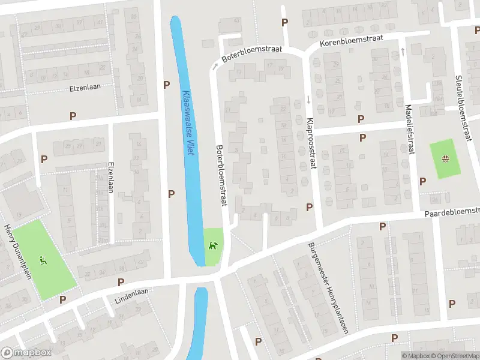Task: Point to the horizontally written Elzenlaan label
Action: point(85,87)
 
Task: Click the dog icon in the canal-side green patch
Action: point(211,245)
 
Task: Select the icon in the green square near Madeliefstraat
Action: point(446,159)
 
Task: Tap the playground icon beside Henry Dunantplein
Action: point(43,260)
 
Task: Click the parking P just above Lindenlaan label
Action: point(121,282)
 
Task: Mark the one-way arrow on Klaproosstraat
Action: point(309,99)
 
